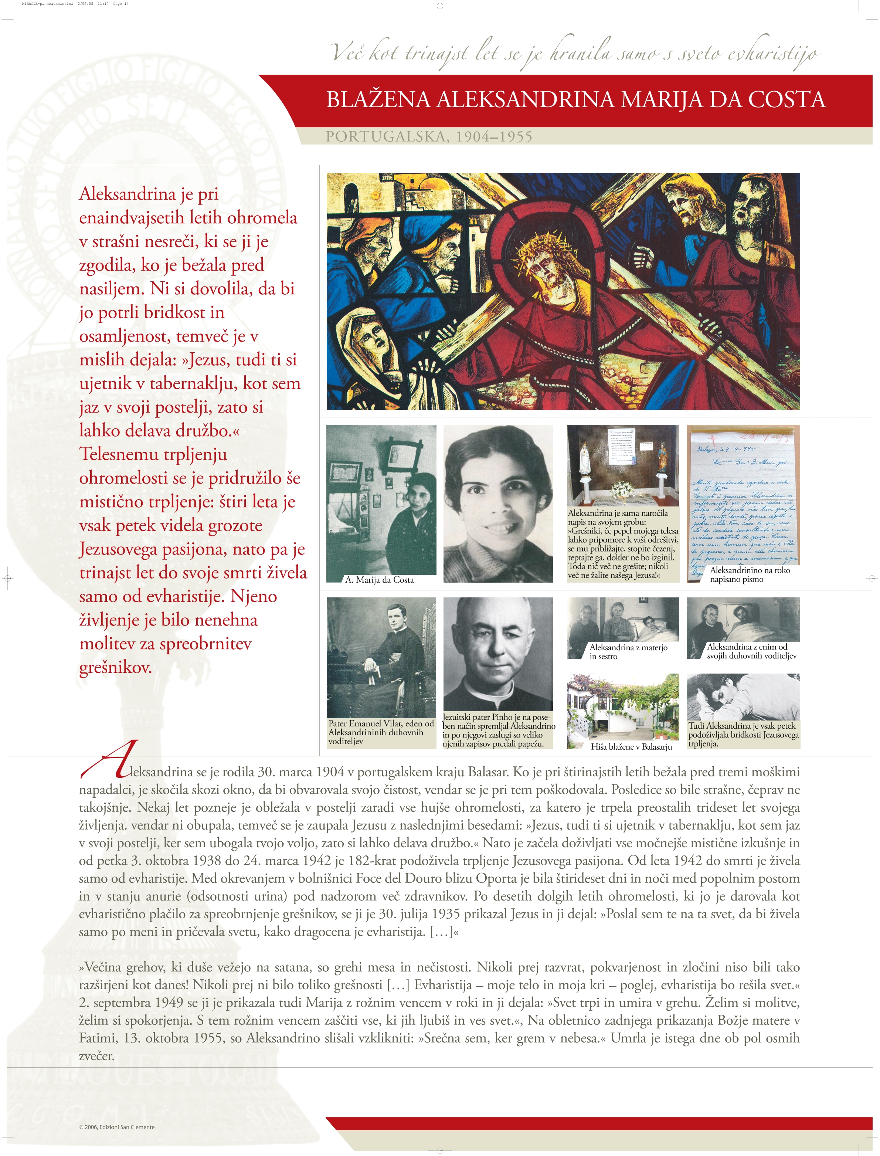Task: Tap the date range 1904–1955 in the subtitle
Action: (x=494, y=137)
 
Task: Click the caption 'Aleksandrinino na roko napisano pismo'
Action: (x=749, y=574)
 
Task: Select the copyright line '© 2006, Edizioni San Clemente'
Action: (x=117, y=1127)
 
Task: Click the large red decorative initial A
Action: (x=113, y=759)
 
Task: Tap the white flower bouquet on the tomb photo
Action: (x=622, y=489)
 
